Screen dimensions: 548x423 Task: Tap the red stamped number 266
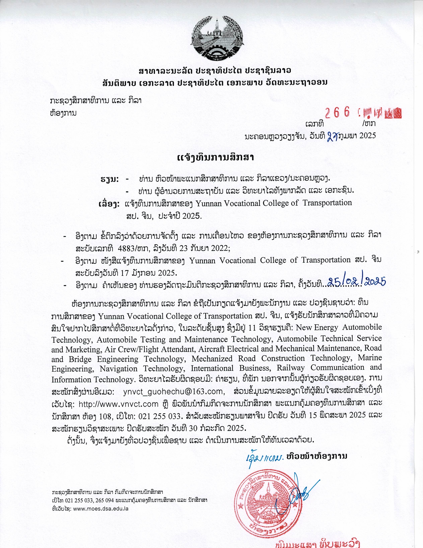coord(337,113)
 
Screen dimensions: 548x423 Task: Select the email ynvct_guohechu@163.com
coord(173,391)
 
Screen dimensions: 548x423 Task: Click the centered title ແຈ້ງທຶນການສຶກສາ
coord(216,158)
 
